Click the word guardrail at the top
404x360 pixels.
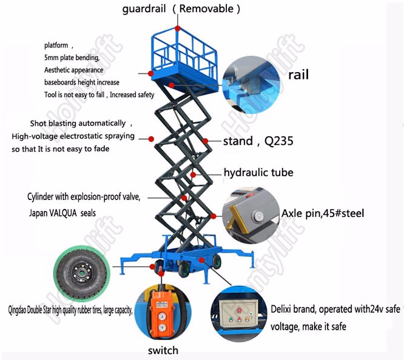point(144,9)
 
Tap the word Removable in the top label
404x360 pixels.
point(206,8)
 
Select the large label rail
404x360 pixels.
point(298,75)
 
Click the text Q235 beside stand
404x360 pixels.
point(279,141)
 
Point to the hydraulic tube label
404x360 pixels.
point(258,172)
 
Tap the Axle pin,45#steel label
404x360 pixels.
point(323,213)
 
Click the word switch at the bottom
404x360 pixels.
point(163,350)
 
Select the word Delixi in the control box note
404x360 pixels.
point(281,308)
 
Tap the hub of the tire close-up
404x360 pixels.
point(81,272)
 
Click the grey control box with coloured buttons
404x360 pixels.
point(238,312)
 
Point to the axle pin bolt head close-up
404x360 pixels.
point(258,216)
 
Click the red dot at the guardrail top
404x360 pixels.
point(178,28)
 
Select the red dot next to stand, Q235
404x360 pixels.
point(206,141)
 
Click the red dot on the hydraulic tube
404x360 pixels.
point(193,175)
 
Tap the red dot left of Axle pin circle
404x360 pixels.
point(214,216)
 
